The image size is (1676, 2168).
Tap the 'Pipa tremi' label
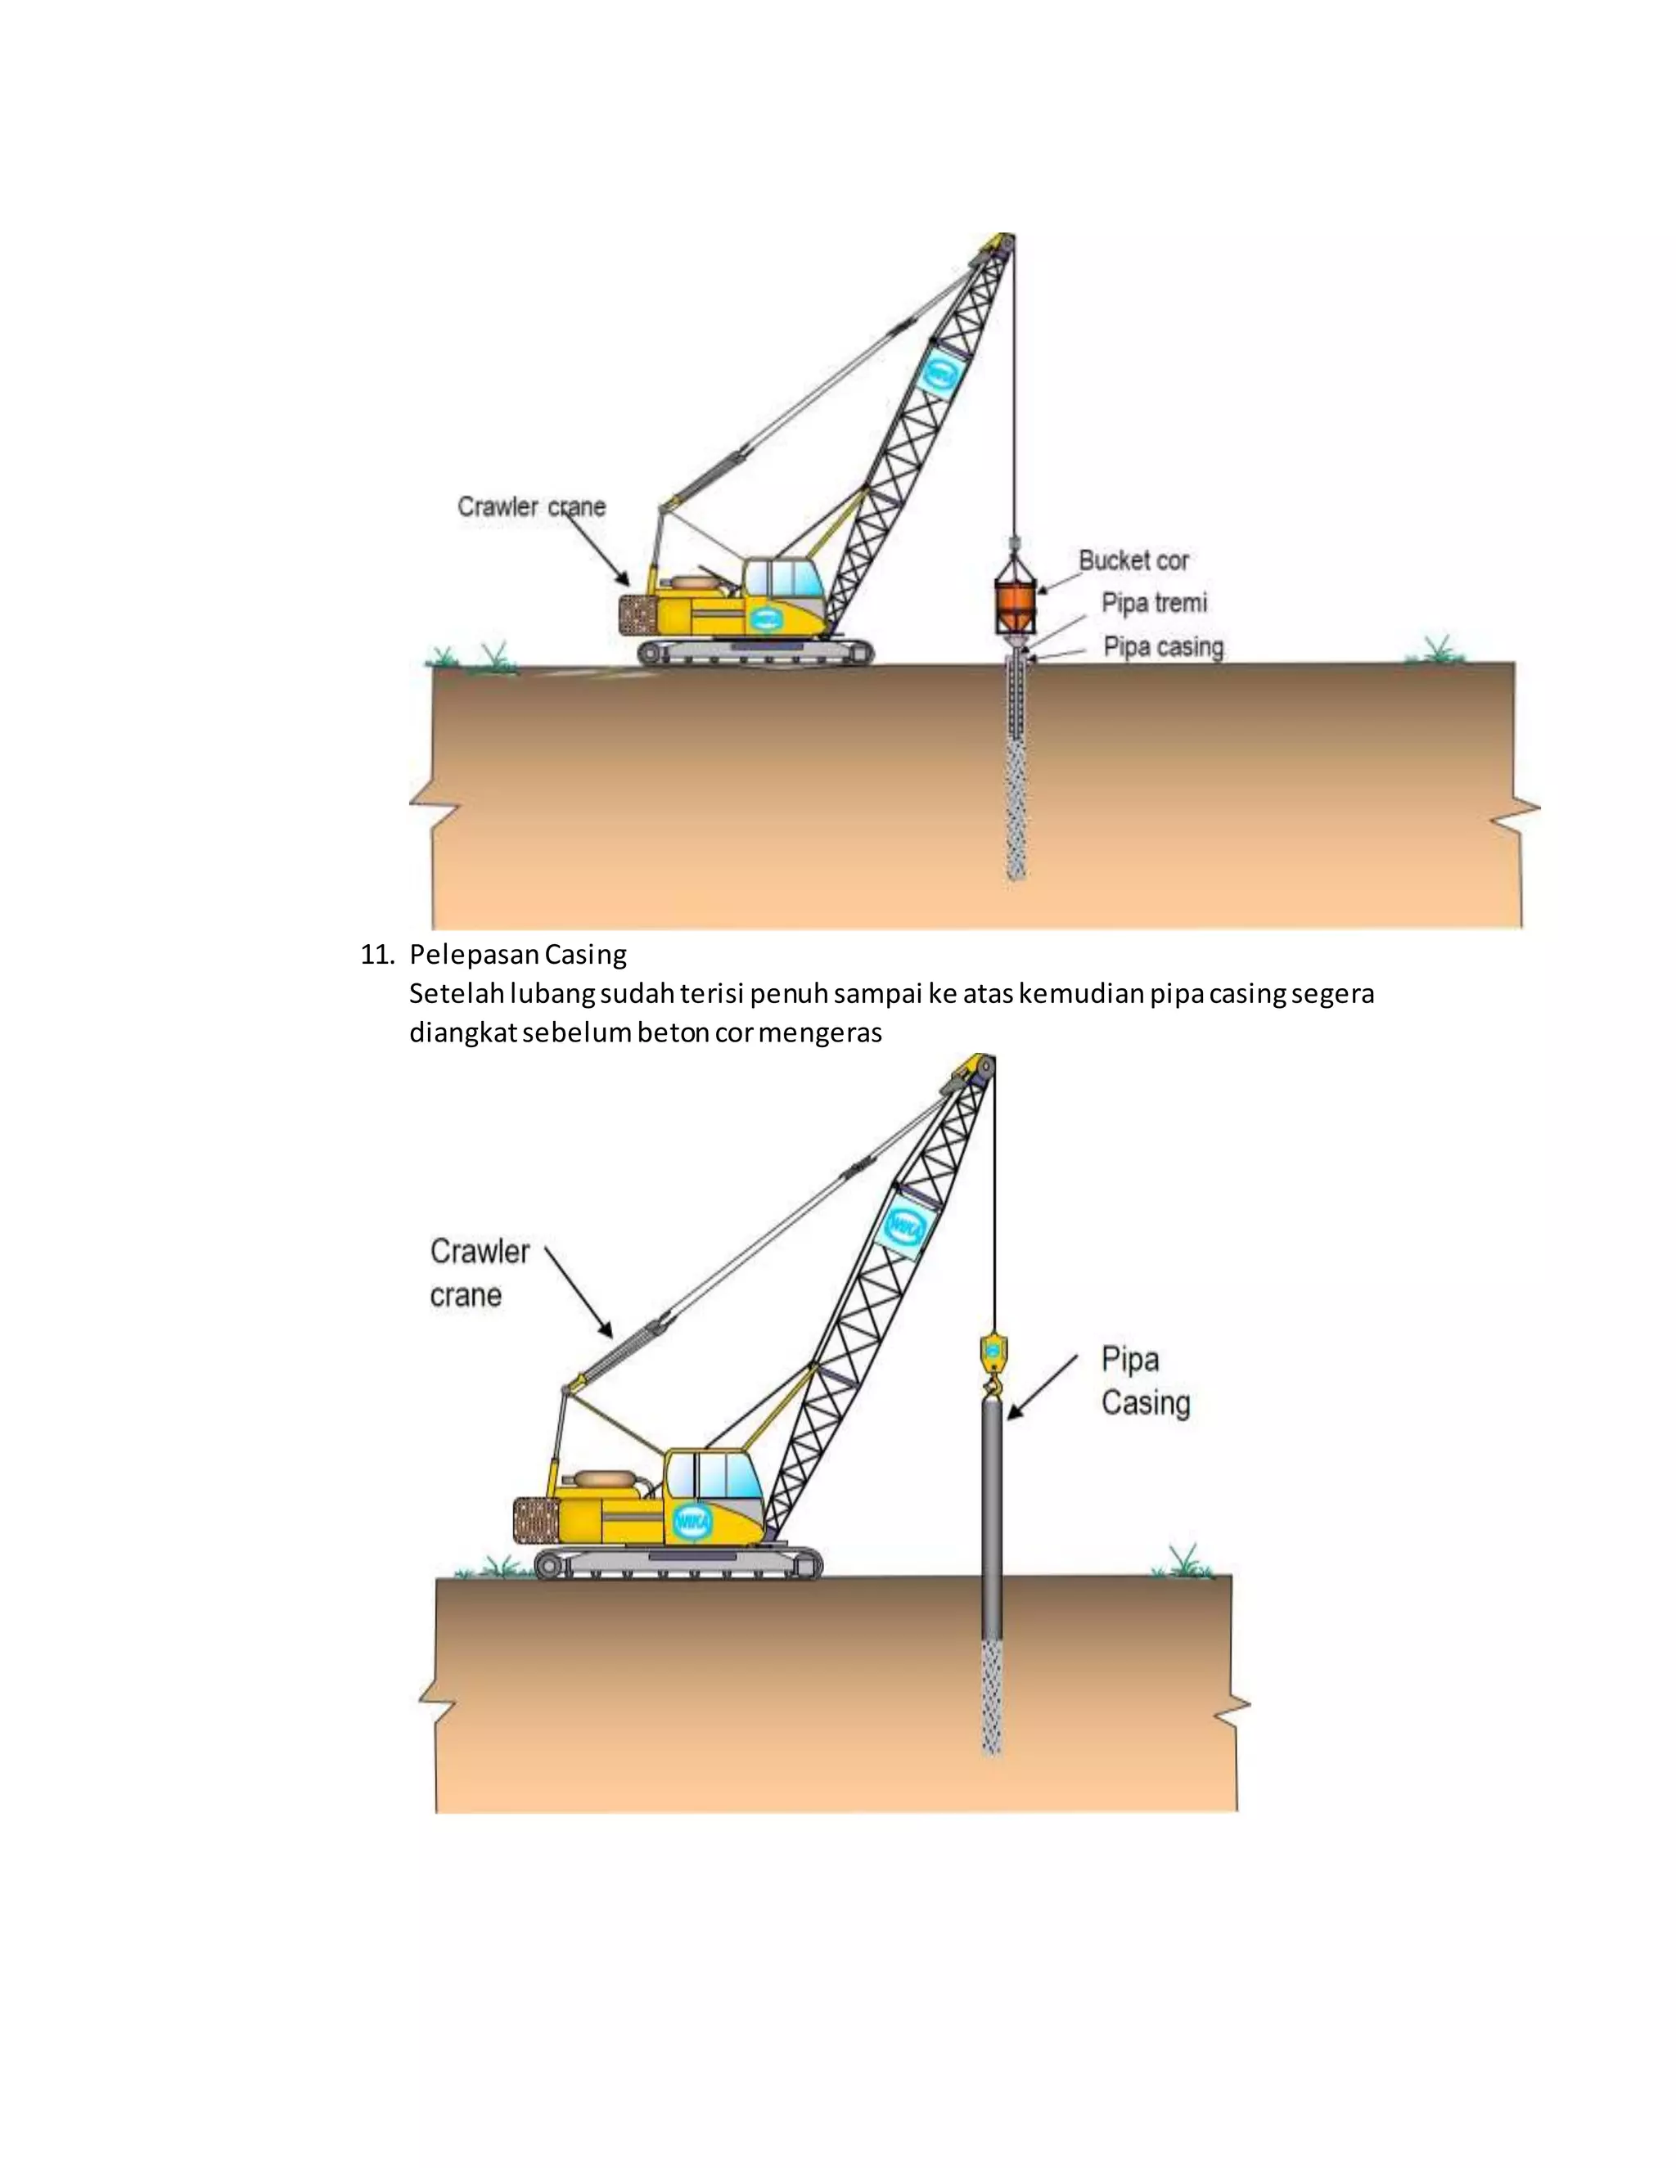tap(1154, 604)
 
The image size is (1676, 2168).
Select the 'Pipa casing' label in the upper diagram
tap(1163, 647)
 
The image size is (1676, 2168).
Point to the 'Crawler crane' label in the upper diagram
tap(531, 507)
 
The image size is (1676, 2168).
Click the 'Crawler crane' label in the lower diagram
tap(479, 1274)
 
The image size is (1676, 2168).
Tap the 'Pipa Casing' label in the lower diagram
tap(1144, 1381)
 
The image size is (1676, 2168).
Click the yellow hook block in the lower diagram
tap(992, 1352)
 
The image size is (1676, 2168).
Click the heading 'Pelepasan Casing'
tap(517, 955)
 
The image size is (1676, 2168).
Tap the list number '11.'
tap(377, 955)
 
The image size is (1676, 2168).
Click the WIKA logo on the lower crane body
tap(692, 1522)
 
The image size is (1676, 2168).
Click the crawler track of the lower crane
tap(678, 1564)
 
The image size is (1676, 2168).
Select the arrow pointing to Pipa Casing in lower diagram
tap(1042, 1387)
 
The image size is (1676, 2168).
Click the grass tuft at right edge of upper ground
tap(1435, 650)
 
